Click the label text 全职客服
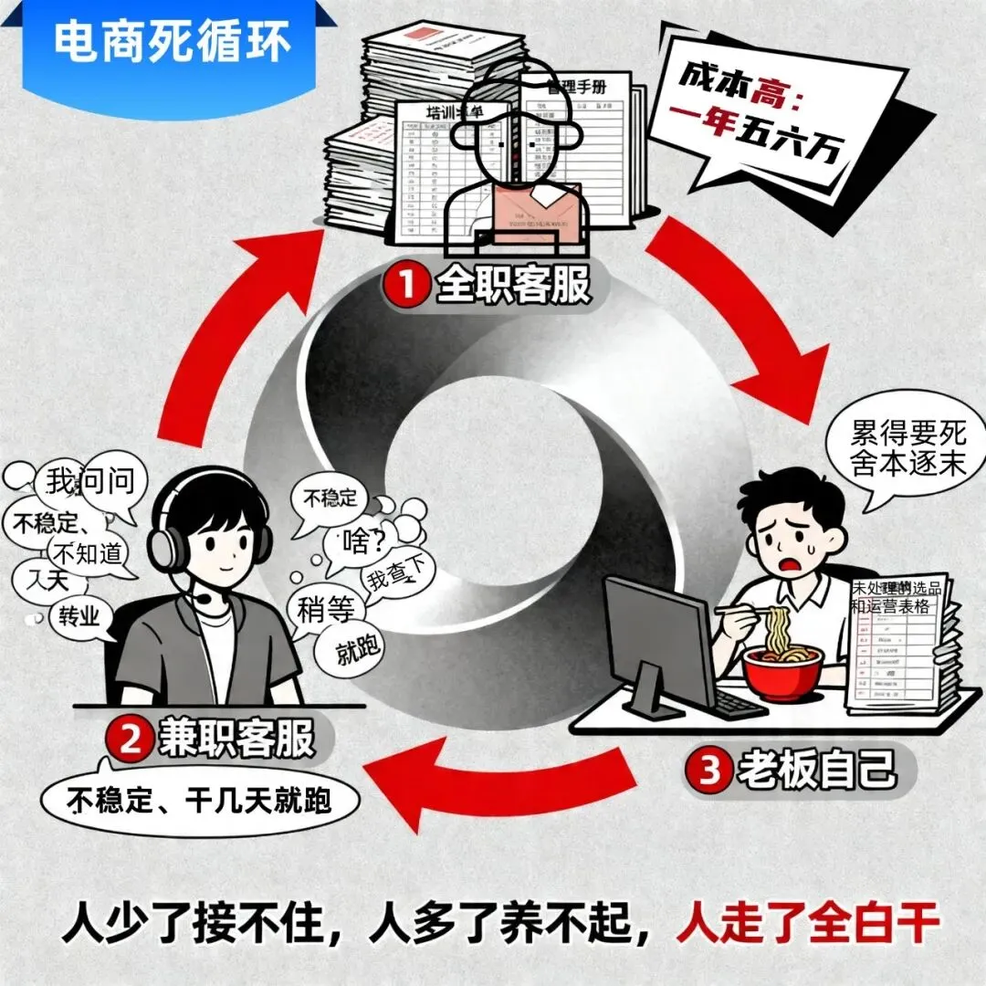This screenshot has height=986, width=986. (511, 286)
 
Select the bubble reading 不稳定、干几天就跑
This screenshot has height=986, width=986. (200, 801)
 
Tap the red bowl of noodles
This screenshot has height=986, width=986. (782, 670)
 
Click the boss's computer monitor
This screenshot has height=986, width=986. (659, 639)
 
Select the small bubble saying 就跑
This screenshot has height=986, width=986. (351, 649)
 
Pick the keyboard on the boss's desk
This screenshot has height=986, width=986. (740, 703)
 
